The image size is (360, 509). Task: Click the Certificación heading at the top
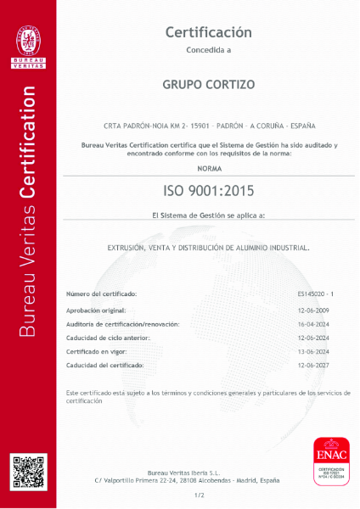point(208,32)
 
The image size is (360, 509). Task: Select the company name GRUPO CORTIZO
point(208,85)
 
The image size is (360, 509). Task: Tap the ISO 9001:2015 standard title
point(208,190)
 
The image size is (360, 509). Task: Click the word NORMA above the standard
point(208,170)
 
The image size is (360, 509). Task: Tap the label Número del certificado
point(101,294)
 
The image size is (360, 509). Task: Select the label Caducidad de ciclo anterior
point(108,338)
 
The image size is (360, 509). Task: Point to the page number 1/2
point(200,495)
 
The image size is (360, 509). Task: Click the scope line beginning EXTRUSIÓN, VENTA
point(208,248)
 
